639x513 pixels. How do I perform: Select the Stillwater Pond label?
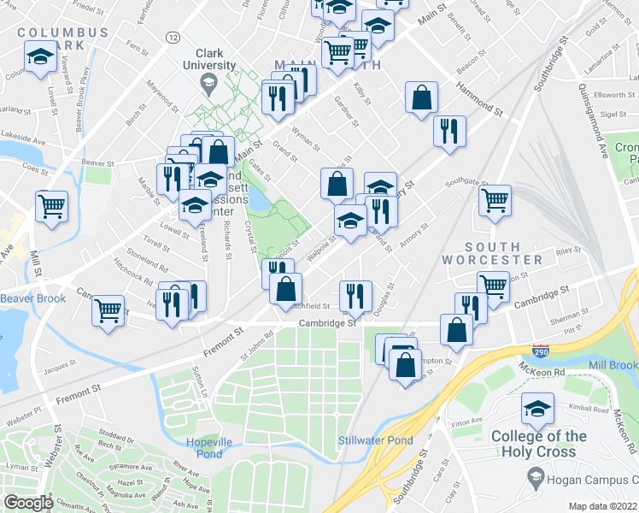pos(376,441)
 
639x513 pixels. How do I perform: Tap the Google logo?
pos(28,503)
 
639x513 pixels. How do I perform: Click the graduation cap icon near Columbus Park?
pos(39,57)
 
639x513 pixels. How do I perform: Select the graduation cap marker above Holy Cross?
pos(537,408)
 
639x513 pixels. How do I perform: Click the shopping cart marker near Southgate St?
pos(495,202)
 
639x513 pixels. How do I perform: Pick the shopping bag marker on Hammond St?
pos(422,97)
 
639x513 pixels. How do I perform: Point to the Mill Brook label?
pos(613,365)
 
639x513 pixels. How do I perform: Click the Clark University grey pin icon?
pos(208,83)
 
